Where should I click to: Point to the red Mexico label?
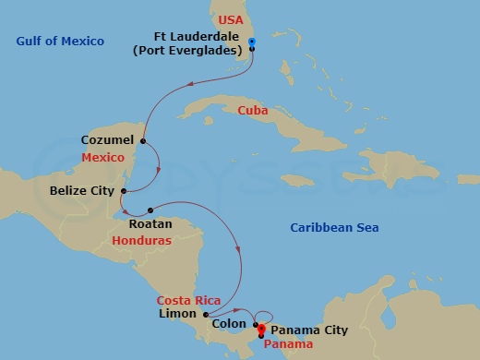(x=102, y=158)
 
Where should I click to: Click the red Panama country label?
(x=287, y=343)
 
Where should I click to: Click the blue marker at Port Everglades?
(x=252, y=42)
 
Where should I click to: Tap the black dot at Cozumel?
(x=142, y=140)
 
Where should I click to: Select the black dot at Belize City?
(x=123, y=191)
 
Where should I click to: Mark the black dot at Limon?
(x=206, y=314)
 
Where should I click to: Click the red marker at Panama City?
(x=261, y=329)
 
